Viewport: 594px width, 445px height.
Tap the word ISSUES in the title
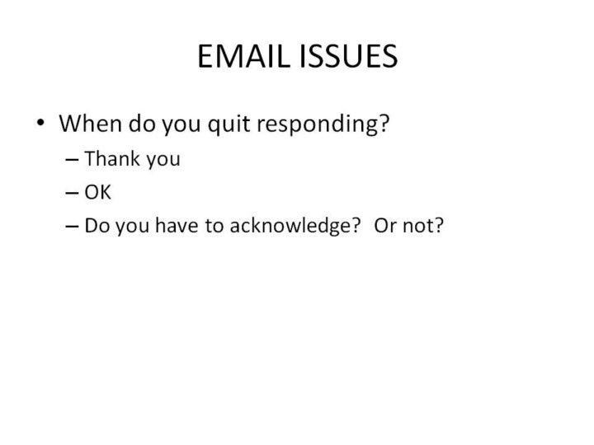point(348,56)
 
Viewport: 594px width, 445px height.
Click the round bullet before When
point(40,122)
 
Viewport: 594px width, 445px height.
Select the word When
point(90,123)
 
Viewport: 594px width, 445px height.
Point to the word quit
point(229,124)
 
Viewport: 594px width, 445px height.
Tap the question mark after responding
point(383,123)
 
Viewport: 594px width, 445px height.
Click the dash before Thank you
point(72,160)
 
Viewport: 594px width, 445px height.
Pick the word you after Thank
point(163,161)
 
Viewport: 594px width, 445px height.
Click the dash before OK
point(72,193)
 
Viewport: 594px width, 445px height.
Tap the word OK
point(97,192)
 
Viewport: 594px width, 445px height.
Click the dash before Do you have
point(72,227)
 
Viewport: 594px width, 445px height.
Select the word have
point(177,225)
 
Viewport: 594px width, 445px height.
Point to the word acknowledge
point(290,227)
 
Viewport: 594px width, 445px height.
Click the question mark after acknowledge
point(356,225)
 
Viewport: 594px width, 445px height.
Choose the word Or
point(385,226)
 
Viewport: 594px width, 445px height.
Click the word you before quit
point(181,126)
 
